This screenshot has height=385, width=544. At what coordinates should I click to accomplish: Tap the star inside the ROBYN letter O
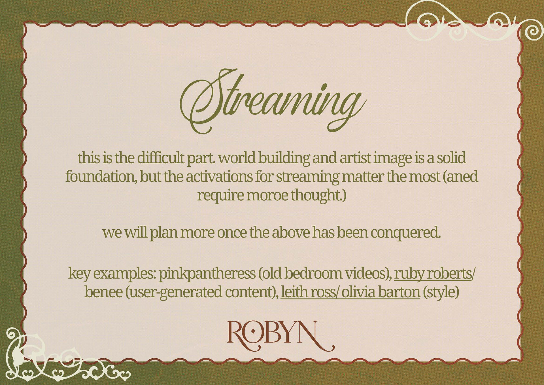click(253, 331)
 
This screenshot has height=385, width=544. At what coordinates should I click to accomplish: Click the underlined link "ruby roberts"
click(433, 274)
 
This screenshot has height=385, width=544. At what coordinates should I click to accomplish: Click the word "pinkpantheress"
click(207, 274)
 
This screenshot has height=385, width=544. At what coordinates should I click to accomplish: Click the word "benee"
click(103, 292)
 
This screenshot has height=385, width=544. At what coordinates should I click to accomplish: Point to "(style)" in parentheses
click(441, 292)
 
